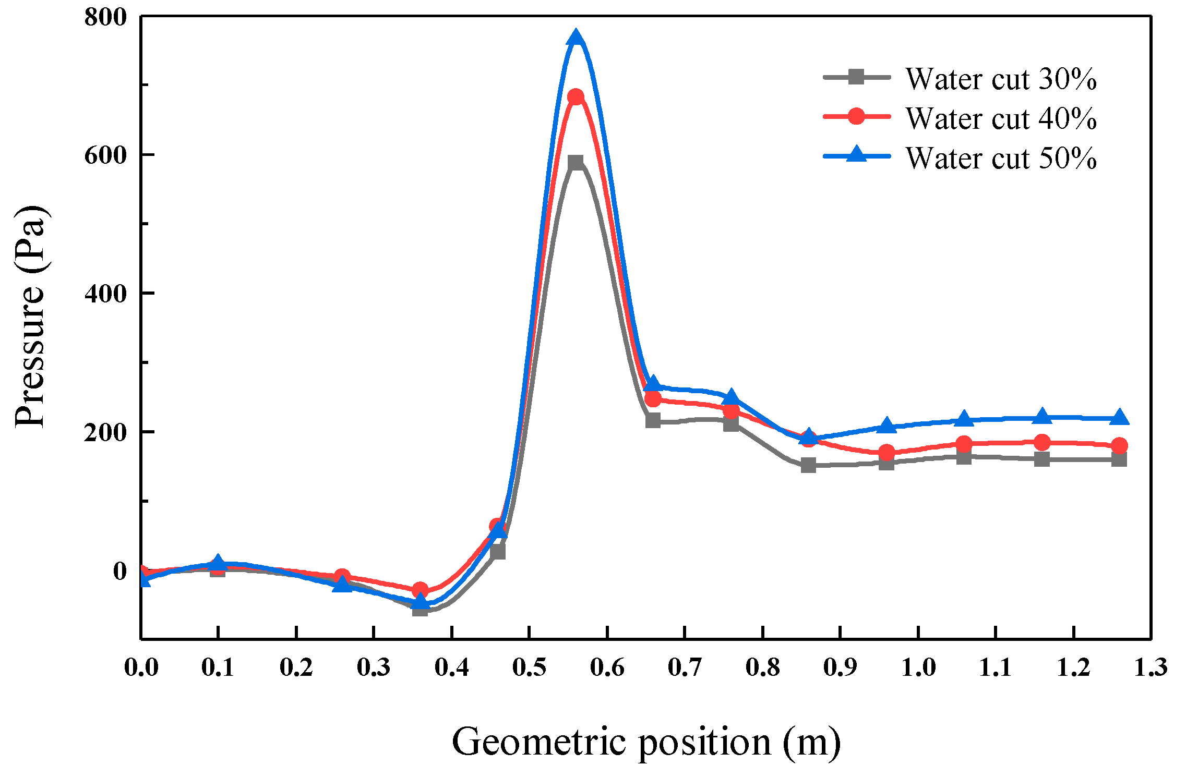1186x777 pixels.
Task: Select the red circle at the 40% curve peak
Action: [x=576, y=97]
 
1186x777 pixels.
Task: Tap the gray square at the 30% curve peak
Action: [x=576, y=163]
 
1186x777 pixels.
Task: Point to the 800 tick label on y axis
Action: [x=106, y=17]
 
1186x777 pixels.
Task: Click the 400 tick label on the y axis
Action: [x=106, y=294]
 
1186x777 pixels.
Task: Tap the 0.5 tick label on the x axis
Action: [x=529, y=667]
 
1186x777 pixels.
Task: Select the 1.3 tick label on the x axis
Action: [x=1151, y=667]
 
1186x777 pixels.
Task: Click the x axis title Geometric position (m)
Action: [x=646, y=742]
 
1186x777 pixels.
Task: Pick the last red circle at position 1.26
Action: [x=1119, y=446]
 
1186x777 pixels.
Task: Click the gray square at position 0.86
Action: [x=808, y=465]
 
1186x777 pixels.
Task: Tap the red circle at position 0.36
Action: [x=420, y=590]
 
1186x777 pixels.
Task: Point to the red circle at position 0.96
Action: [x=886, y=452]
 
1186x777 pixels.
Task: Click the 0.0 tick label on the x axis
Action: [x=141, y=667]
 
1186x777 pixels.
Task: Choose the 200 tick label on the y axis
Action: [x=106, y=432]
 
